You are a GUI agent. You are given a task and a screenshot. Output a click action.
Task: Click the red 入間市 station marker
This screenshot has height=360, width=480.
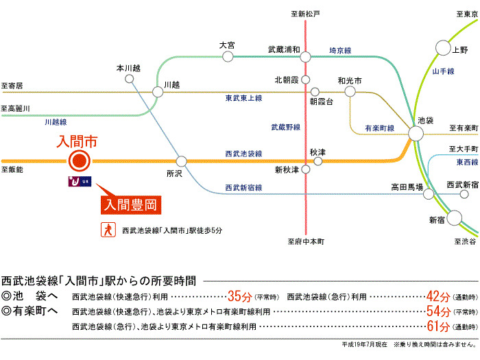pyautogui.click(x=80, y=160)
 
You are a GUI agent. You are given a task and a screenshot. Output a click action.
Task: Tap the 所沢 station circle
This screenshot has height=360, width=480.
pyautogui.click(x=181, y=161)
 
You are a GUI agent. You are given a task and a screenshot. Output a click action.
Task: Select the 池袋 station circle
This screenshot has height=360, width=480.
pyautogui.click(x=416, y=134)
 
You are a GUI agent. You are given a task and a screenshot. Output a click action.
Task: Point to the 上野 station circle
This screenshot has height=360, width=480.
pyautogui.click(x=443, y=48)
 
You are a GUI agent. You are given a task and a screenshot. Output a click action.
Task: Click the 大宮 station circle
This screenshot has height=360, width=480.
pyautogui.click(x=228, y=56)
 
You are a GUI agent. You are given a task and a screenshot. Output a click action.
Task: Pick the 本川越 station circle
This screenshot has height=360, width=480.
pyautogui.click(x=129, y=79)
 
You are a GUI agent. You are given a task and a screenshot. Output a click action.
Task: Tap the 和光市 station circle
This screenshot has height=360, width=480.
pyautogui.click(x=350, y=91)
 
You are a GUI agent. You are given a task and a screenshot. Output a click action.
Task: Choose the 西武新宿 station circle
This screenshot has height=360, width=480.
pyautogui.click(x=464, y=194)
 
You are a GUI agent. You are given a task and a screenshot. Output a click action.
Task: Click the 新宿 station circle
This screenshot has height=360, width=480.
pyautogui.click(x=454, y=218)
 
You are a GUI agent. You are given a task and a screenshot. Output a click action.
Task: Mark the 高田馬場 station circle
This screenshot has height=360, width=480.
pyautogui.click(x=429, y=194)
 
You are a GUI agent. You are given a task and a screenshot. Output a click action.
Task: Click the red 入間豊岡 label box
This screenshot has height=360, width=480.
pyautogui.click(x=131, y=205)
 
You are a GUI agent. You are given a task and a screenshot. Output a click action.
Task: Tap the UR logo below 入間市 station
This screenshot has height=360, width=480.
pyautogui.click(x=80, y=182)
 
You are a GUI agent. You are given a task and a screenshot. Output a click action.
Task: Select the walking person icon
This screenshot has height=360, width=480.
pyautogui.click(x=108, y=230)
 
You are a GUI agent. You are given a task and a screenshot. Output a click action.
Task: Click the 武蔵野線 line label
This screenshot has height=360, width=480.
pyautogui.click(x=286, y=127)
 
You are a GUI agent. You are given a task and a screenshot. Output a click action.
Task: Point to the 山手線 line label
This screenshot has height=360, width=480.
pyautogui.click(x=443, y=71)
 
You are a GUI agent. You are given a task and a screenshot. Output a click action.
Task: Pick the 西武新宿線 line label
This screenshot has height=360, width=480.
pyautogui.click(x=243, y=187)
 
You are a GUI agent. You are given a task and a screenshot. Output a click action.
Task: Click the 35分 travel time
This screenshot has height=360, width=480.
pyautogui.click(x=240, y=296)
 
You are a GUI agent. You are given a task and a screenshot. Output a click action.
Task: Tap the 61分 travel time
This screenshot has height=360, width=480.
pyautogui.click(x=439, y=326)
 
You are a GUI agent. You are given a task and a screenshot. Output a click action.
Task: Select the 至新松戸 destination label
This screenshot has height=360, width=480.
pyautogui.click(x=305, y=14)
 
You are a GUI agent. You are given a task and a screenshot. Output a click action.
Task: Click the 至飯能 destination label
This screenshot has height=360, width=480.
pyautogui.click(x=12, y=169)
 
